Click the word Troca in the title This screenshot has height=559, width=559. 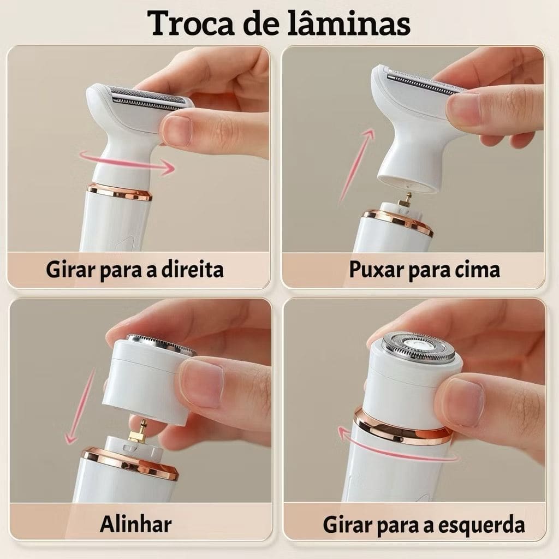[191, 24]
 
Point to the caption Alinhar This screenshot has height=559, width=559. [135, 524]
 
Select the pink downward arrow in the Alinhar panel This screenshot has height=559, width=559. [81, 406]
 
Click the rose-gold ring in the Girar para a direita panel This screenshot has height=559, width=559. [120, 192]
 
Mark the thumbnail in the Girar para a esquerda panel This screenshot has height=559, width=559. [466, 398]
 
